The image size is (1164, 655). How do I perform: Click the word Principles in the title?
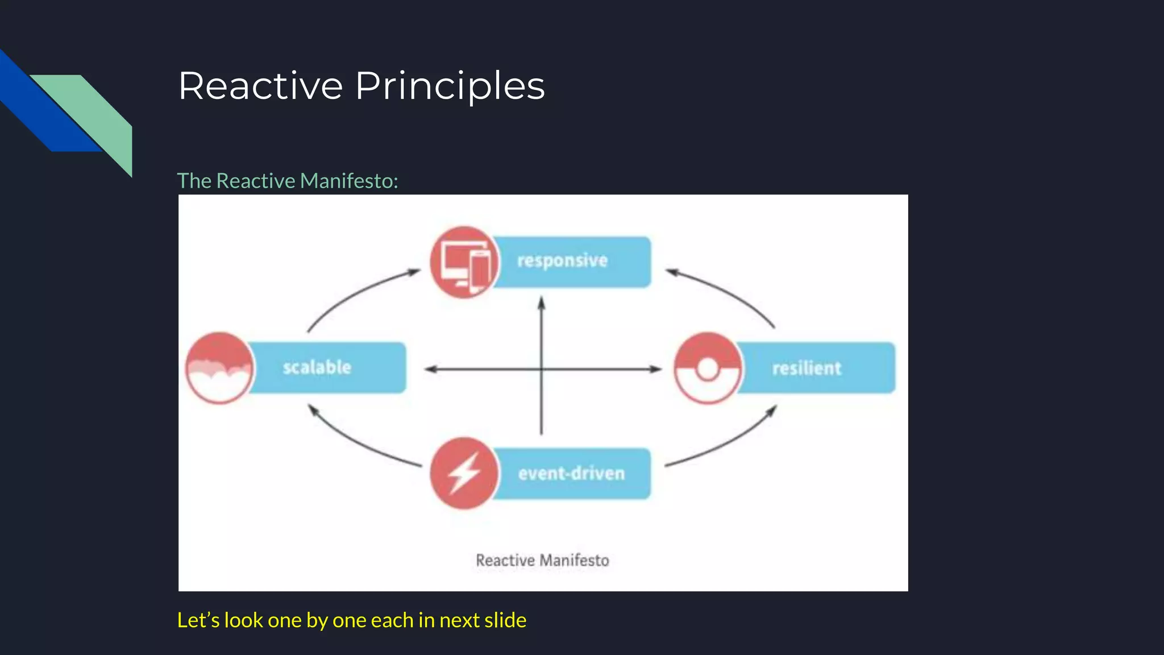[450, 86]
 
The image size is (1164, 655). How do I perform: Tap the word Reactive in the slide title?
[261, 86]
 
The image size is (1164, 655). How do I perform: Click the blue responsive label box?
[571, 262]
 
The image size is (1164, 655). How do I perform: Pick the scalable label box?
[327, 367]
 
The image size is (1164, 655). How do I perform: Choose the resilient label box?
[816, 368]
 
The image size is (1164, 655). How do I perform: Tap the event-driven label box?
[571, 474]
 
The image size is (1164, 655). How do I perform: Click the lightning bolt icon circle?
[464, 473]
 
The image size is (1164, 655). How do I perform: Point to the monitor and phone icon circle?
[464, 262]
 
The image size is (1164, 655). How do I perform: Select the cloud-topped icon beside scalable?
[220, 368]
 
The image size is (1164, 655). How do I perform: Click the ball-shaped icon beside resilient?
[708, 368]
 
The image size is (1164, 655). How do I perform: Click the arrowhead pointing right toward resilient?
[656, 369]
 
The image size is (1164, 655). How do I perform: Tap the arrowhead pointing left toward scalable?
[430, 369]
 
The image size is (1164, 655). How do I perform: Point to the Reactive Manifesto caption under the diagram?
[542, 561]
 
